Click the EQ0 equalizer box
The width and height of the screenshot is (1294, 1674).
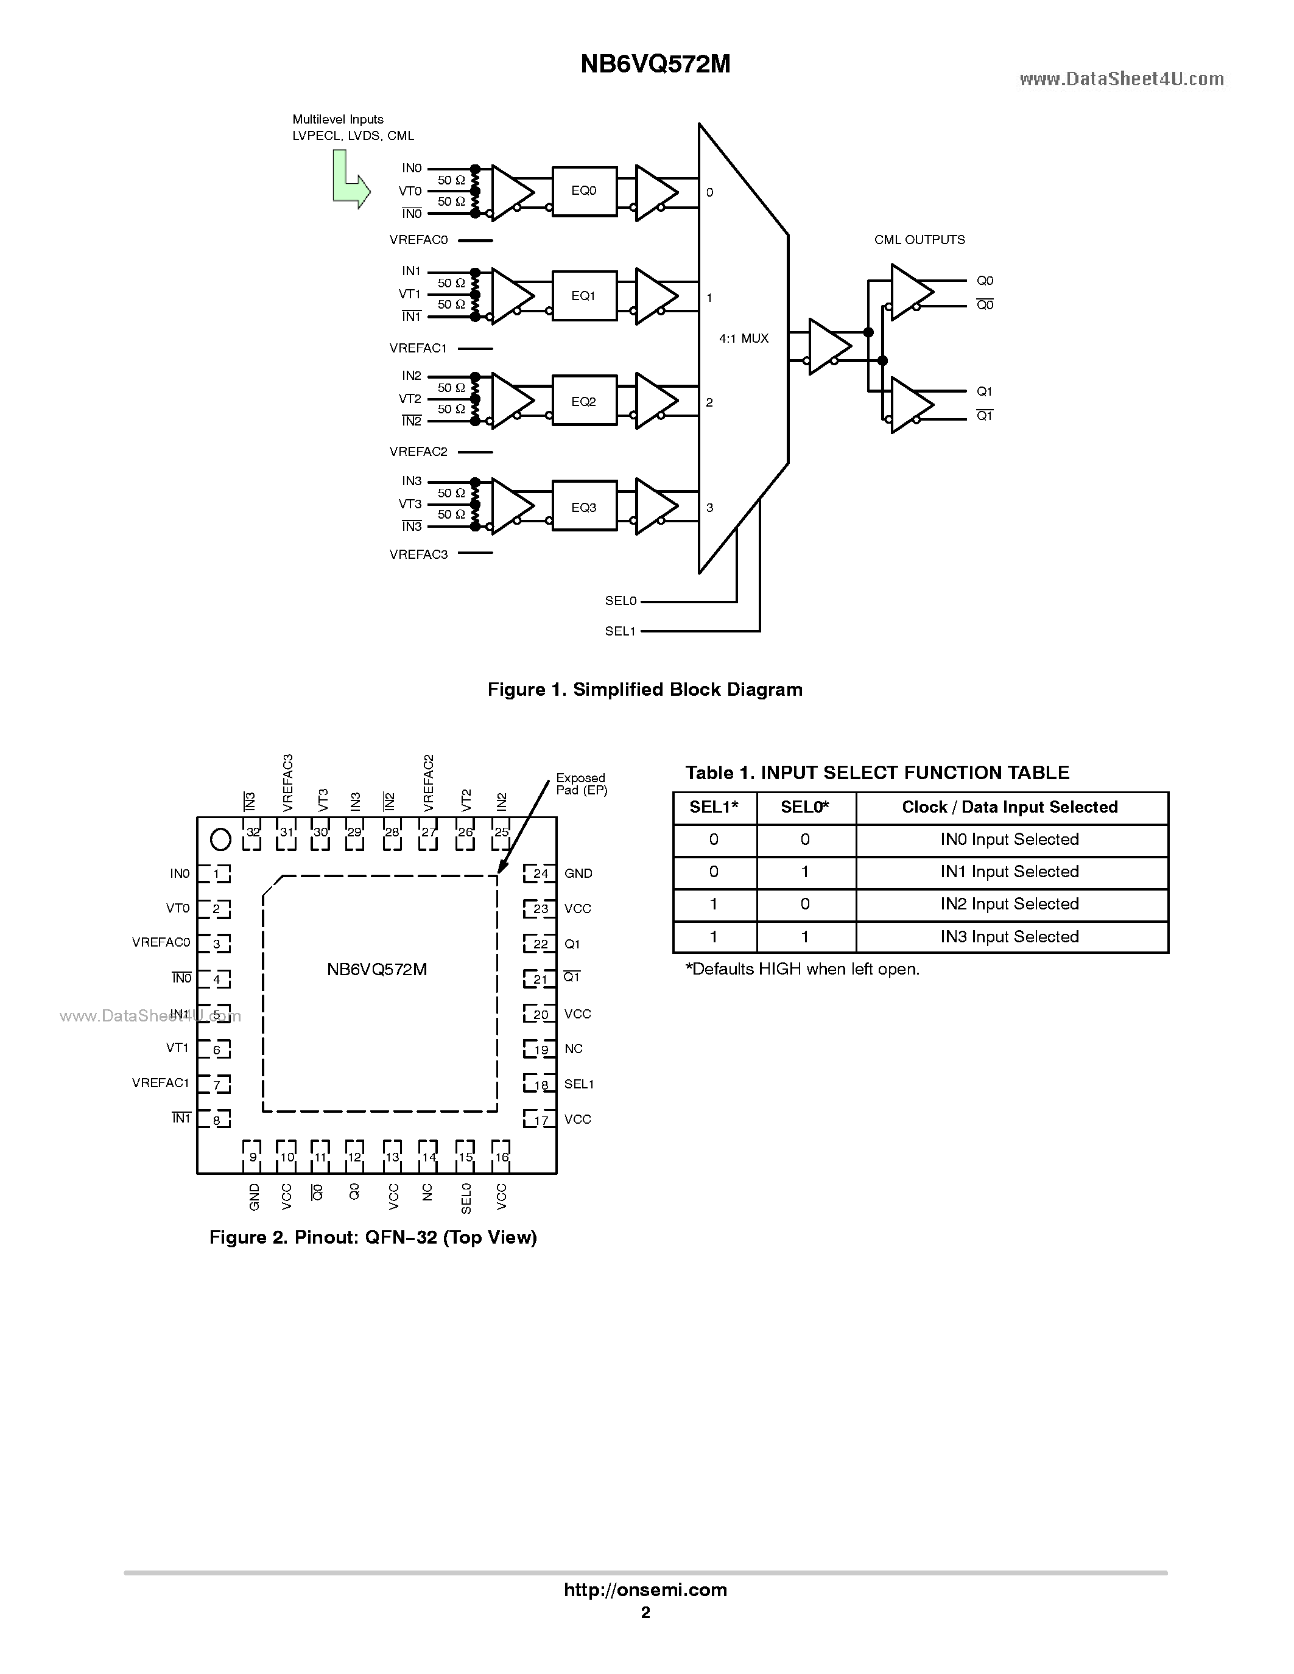(584, 191)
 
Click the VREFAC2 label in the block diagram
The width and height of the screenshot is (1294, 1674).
(418, 452)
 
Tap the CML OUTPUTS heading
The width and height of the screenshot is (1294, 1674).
(919, 240)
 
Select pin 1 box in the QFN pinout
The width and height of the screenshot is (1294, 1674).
(216, 874)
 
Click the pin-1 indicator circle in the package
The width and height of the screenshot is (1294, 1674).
(221, 840)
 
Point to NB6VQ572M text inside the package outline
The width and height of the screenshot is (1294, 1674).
(376, 970)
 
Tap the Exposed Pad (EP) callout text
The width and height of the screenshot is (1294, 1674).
(581, 784)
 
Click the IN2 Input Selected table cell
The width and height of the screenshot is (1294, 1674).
(1010, 905)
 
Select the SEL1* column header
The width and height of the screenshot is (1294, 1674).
(714, 807)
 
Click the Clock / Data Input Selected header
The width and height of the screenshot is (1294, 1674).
(1010, 807)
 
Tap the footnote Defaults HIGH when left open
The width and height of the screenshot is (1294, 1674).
(802, 970)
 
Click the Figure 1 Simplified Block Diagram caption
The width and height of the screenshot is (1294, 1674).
(645, 690)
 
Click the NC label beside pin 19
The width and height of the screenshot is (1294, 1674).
(574, 1049)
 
